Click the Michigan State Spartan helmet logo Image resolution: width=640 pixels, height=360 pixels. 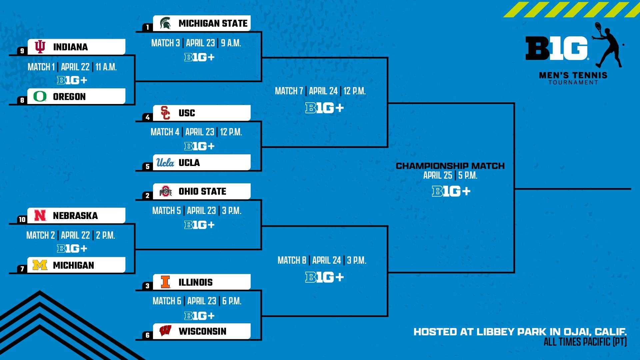[x=165, y=23]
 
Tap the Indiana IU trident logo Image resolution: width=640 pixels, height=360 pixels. [x=40, y=47]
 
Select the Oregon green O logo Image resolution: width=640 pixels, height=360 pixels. [x=40, y=96]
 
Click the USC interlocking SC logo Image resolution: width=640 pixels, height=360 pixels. [x=165, y=113]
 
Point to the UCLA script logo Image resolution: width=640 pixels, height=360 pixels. [x=165, y=162]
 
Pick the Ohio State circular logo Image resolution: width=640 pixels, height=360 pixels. [x=165, y=191]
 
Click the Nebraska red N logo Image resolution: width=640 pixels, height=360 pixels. [x=40, y=216]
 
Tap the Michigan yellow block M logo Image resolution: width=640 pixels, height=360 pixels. [x=40, y=265]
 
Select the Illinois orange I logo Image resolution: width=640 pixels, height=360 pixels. [x=165, y=282]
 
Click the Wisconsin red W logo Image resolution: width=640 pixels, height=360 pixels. [x=165, y=331]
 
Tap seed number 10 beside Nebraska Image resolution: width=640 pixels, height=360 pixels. [x=22, y=219]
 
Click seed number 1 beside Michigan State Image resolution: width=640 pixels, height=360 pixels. [x=147, y=27]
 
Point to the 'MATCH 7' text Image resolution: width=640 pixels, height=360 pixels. [x=289, y=91]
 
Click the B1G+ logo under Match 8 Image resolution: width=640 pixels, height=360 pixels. [x=324, y=277]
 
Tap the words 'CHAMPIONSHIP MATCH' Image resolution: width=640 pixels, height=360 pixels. [x=450, y=166]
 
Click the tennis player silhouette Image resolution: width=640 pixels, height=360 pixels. [x=608, y=45]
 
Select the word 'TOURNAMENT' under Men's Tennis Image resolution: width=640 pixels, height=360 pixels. [x=573, y=82]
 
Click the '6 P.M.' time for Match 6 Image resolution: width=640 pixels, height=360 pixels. [x=232, y=301]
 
